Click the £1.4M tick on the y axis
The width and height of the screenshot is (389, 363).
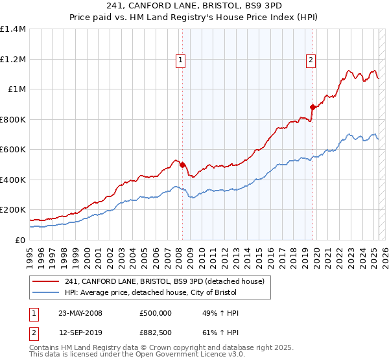(x=13, y=29)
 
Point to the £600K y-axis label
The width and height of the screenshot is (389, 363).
(x=12, y=150)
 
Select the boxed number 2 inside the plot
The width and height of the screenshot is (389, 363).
(x=311, y=60)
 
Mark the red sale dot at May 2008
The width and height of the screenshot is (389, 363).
(x=183, y=165)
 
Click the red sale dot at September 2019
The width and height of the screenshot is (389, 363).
(x=312, y=107)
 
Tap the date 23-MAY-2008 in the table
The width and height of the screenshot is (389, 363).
(x=80, y=313)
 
